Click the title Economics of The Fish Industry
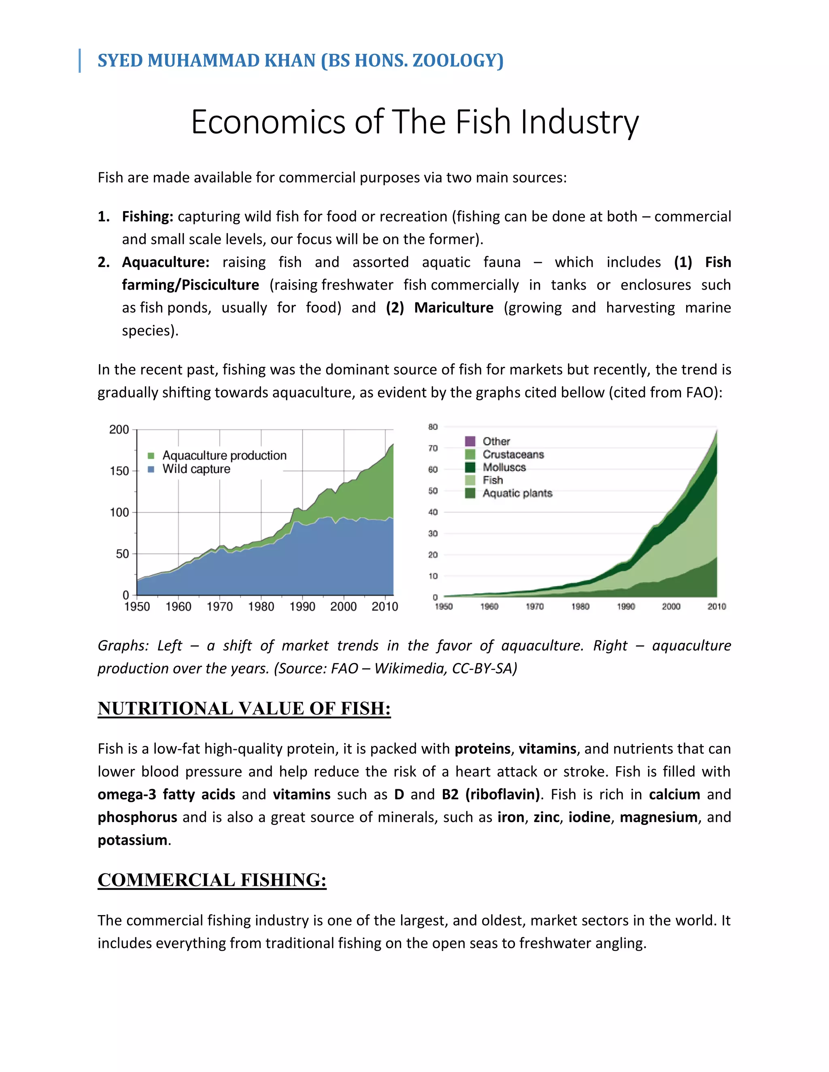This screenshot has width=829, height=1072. (x=414, y=122)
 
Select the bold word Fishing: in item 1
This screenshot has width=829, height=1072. (x=147, y=216)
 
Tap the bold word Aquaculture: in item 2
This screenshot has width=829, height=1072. (x=166, y=262)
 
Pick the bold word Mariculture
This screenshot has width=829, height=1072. (x=453, y=308)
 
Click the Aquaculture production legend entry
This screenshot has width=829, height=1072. (x=224, y=455)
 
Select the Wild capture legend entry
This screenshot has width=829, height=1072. (x=196, y=469)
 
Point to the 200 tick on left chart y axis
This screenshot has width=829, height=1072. (x=119, y=430)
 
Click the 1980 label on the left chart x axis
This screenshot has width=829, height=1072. (x=261, y=607)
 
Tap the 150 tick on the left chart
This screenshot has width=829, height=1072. (x=119, y=471)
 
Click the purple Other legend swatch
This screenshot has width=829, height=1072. (x=470, y=441)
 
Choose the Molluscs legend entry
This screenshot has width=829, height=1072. (x=504, y=467)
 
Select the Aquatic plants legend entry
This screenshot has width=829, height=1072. (x=517, y=493)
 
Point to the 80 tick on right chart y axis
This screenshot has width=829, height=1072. (x=433, y=427)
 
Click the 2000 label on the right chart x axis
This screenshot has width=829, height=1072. (x=671, y=607)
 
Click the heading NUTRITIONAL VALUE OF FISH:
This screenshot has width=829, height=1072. (x=244, y=709)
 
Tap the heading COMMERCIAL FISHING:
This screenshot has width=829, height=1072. (x=212, y=880)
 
